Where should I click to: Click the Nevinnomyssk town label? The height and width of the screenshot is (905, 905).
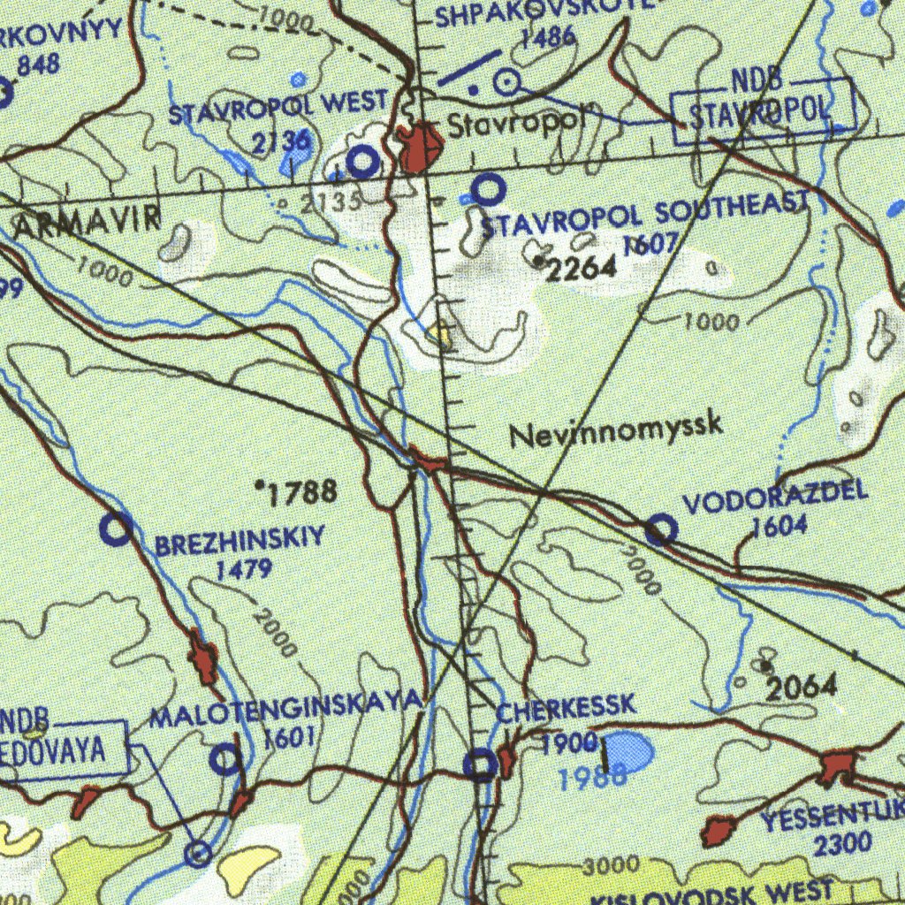click(616, 430)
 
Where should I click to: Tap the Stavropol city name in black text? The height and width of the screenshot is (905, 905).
click(514, 125)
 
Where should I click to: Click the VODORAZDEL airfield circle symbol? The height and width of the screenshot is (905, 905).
click(661, 530)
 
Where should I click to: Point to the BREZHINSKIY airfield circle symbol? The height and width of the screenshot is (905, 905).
click(116, 529)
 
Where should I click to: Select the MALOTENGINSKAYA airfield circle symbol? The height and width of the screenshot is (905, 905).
click(227, 758)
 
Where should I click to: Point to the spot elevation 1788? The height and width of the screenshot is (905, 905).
click(301, 492)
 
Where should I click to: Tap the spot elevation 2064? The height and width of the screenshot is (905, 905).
click(801, 686)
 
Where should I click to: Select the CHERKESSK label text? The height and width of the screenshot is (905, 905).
click(566, 707)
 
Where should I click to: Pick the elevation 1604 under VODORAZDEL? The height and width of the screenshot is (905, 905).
click(780, 525)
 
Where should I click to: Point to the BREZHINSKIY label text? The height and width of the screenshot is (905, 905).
click(240, 541)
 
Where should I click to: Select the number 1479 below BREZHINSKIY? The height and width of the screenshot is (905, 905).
click(243, 570)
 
